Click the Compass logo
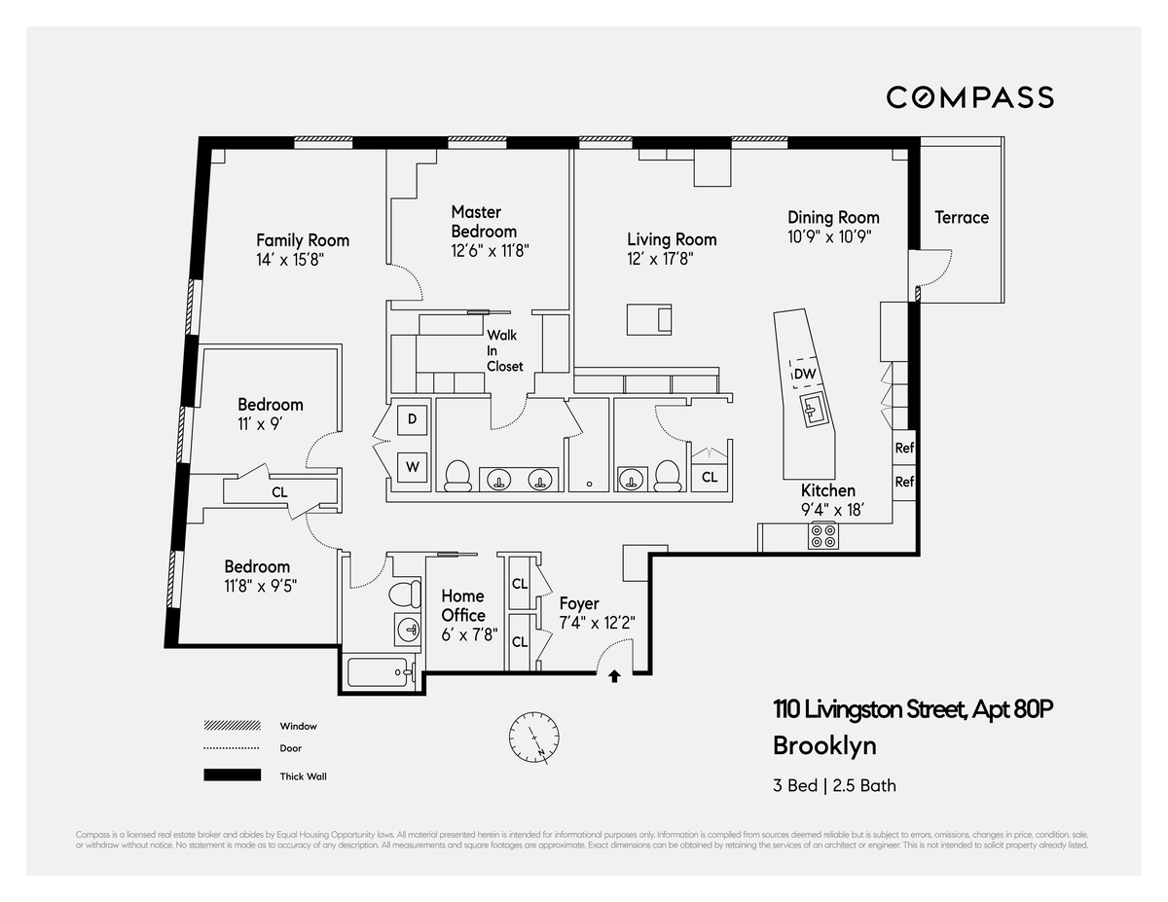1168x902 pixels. tap(969, 97)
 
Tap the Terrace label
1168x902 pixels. tap(961, 218)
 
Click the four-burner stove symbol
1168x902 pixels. tap(823, 535)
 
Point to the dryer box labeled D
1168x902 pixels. tap(412, 419)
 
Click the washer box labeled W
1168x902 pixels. tap(412, 466)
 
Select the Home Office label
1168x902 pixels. tap(463, 605)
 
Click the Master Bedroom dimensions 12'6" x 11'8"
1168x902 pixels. tap(490, 250)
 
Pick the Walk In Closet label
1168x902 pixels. tap(505, 350)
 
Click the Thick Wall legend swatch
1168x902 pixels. tap(232, 776)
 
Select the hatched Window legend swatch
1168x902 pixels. tap(232, 726)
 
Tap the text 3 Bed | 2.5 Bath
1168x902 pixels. tap(834, 785)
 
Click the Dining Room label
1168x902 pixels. tap(833, 218)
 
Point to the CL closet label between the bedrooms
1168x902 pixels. tap(279, 492)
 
